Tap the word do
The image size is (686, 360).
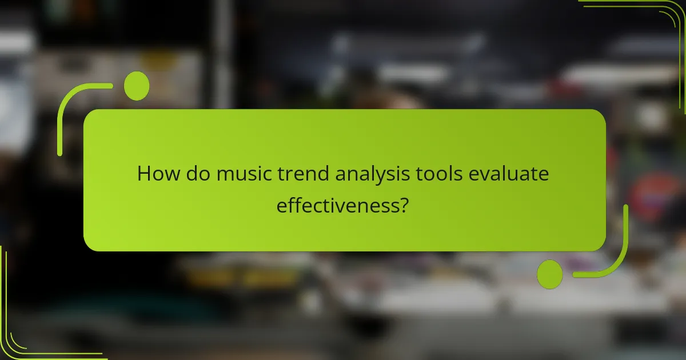click(195, 173)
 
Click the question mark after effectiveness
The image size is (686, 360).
click(404, 204)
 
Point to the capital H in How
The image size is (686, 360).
click(143, 173)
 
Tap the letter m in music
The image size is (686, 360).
click(224, 174)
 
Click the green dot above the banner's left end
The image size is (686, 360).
click(137, 86)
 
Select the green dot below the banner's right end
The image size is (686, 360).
click(550, 274)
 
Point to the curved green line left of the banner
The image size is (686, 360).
click(63, 114)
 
